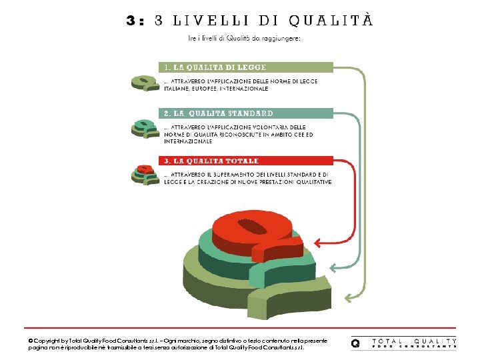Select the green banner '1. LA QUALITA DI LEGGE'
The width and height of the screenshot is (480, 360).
click(245, 67)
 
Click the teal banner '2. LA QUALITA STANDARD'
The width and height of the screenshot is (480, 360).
click(245, 113)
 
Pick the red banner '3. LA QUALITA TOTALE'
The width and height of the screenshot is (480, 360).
click(245, 161)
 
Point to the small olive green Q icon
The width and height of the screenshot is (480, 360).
click(143, 82)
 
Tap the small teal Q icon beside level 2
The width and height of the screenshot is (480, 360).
click(143, 128)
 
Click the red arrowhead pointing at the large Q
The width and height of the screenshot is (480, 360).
click(317, 242)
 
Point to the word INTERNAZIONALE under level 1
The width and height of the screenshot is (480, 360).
click(239, 89)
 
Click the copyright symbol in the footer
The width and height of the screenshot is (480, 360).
click(31, 341)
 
